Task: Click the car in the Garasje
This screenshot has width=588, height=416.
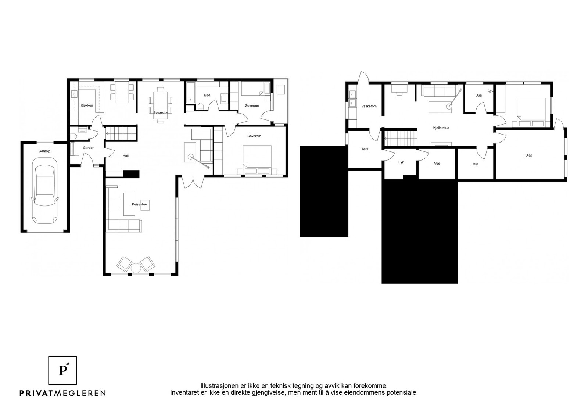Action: pos(44,191)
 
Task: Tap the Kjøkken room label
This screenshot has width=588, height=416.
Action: pos(87,105)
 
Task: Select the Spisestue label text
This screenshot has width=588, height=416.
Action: pos(161,112)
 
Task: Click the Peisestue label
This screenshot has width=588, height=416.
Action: pos(139,204)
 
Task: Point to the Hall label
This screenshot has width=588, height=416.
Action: pos(125,156)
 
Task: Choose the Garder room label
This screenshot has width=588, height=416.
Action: pos(88,148)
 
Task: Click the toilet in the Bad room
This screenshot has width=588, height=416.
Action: pos(201,106)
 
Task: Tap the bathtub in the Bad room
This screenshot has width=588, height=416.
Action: pos(190,93)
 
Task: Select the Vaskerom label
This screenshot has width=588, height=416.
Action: pos(369,106)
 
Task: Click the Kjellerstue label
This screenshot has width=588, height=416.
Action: pos(441,128)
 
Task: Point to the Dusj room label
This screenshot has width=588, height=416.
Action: pos(478,95)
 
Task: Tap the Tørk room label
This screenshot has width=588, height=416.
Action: pos(365,149)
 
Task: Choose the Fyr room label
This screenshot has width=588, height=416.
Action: pos(401,162)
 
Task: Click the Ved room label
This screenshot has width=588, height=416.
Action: pos(437,164)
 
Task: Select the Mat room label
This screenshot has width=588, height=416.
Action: pos(475,164)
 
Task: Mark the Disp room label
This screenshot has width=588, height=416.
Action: pos(529,155)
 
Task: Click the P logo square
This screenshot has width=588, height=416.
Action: pos(62,370)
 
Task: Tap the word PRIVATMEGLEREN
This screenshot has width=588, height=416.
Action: pos(63,393)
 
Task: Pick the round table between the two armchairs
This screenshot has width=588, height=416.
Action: pos(136,268)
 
